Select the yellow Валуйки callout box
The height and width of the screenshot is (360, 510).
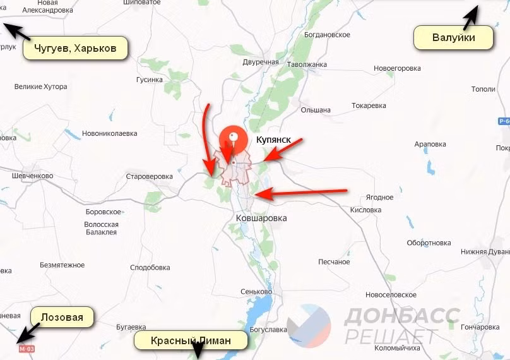(x=453, y=38)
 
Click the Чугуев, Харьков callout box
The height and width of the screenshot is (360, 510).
(x=76, y=49)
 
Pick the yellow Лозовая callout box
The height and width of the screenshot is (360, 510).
(x=62, y=317)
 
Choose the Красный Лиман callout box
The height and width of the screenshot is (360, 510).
(x=191, y=341)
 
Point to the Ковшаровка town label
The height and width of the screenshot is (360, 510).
(x=261, y=218)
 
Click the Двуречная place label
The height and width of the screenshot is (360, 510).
(x=261, y=62)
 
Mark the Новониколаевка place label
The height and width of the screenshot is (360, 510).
(x=109, y=133)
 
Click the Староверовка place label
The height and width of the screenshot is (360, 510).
(x=149, y=176)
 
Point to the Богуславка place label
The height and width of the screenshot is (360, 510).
(x=268, y=330)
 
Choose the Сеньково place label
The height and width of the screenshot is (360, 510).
(x=256, y=292)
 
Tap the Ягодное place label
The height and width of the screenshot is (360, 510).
(x=379, y=197)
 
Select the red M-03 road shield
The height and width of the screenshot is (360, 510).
(x=26, y=349)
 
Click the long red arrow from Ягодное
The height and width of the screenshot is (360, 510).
(x=303, y=192)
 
